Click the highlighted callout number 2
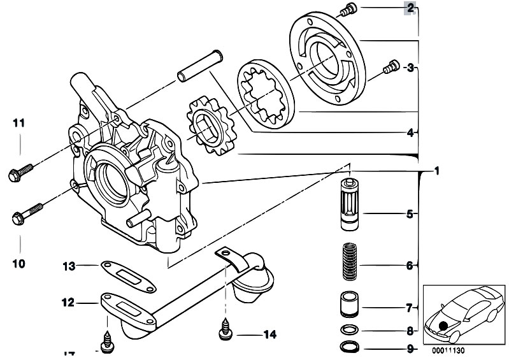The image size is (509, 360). pyautogui.click(x=410, y=8)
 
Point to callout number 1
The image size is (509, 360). pyautogui.click(x=437, y=171)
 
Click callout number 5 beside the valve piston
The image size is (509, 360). pyautogui.click(x=410, y=214)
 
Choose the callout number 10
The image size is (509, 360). pyautogui.click(x=18, y=263)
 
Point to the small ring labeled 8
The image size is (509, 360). pyautogui.click(x=348, y=330)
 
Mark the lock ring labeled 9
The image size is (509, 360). pyautogui.click(x=348, y=347)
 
